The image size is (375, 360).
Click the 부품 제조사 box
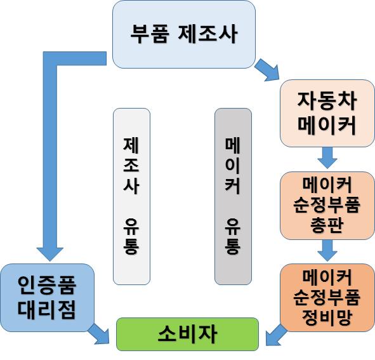tap(184, 34)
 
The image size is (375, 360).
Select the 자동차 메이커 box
tap(327, 113)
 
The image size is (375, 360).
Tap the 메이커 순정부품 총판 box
tap(327, 205)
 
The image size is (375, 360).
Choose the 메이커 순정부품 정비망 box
tap(327, 298)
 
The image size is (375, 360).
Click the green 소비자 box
tap(188, 334)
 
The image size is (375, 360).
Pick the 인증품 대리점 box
tap(48, 298)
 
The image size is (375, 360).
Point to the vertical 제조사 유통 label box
tap(131, 196)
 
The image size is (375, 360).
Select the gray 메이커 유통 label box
tap(233, 196)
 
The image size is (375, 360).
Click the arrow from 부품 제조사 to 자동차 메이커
tap(267, 70)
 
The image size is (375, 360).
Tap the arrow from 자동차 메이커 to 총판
tap(327, 158)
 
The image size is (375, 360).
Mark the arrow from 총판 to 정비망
tap(327, 250)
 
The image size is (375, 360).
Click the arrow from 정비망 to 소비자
tap(276, 335)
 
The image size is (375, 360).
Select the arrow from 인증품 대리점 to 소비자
tap(98, 334)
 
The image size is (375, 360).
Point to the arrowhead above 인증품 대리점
tap(50, 254)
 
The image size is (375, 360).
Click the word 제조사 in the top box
tap(208, 34)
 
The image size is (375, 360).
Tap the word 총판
tap(327, 225)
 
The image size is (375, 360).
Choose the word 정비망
tap(327, 317)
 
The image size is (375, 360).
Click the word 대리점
tap(47, 310)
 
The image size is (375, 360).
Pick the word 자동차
tap(327, 100)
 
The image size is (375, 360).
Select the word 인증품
tap(47, 285)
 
